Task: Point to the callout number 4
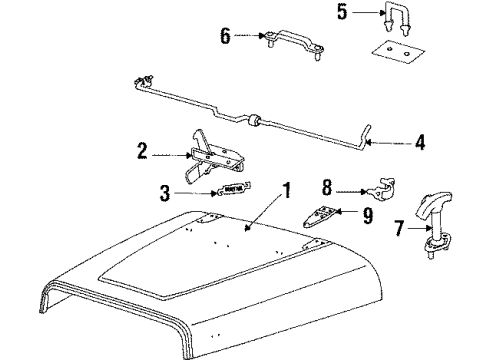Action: pos(420,143)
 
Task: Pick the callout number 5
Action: pos(341,15)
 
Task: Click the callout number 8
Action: pos(326,186)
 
